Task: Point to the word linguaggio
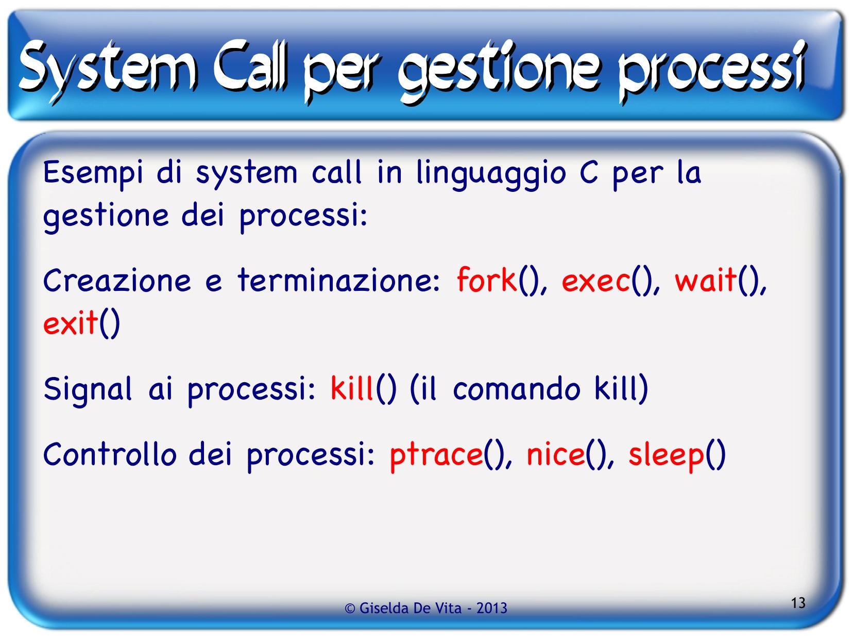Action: pyautogui.click(x=490, y=174)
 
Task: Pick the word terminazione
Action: pyautogui.click(x=338, y=280)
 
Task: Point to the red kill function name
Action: pyautogui.click(x=352, y=388)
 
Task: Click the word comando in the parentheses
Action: pyautogui.click(x=516, y=389)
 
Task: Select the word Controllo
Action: pyautogui.click(x=110, y=454)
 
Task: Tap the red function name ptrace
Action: pyautogui.click(x=436, y=456)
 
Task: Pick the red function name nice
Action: pyautogui.click(x=555, y=454)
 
